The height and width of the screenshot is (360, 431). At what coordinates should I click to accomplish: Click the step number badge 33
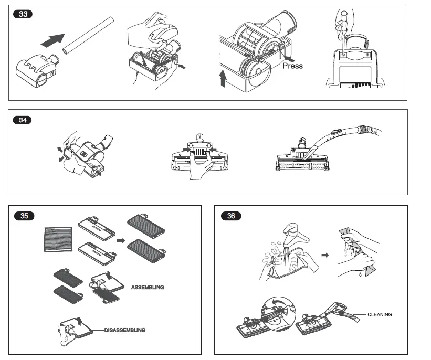(x=23, y=14)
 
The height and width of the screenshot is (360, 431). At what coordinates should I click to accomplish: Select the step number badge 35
(x=24, y=216)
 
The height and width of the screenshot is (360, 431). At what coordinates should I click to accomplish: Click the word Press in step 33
(x=292, y=66)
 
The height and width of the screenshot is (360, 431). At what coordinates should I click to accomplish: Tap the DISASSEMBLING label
(x=124, y=330)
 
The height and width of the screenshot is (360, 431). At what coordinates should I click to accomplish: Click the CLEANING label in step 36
(x=379, y=314)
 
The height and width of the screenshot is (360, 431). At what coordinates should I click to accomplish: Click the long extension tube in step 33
(x=88, y=35)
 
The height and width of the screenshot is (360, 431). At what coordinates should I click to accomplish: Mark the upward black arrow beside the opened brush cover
(x=223, y=79)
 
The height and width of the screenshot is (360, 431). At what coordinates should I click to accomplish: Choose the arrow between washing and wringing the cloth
(x=325, y=255)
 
